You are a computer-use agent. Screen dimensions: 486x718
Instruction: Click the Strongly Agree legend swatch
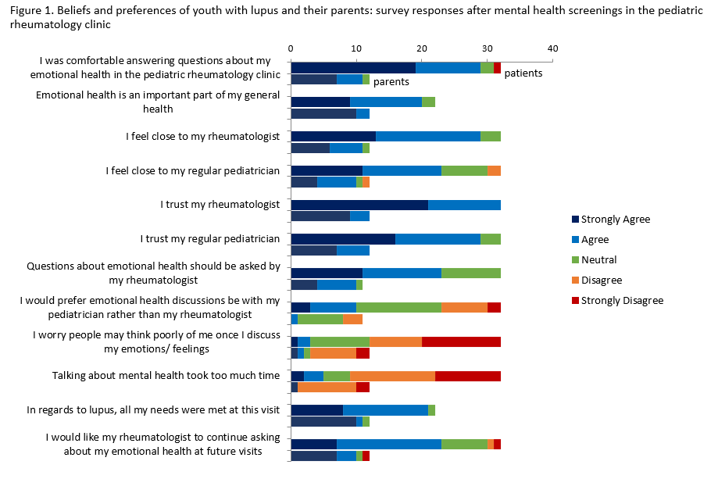pos(575,220)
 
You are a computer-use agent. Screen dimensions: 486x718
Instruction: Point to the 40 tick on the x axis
pos(552,48)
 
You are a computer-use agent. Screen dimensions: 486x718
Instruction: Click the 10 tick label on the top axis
pos(356,48)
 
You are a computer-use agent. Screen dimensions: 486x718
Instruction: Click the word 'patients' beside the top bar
pos(523,73)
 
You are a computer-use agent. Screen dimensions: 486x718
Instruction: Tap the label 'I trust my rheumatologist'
pos(220,205)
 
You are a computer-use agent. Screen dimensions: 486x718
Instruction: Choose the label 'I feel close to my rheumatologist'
pos(203,137)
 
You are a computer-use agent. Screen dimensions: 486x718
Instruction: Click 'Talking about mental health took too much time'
pos(166,375)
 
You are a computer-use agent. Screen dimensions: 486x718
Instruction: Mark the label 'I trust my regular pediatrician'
pos(210,238)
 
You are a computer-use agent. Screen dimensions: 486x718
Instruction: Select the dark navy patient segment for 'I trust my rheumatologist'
pos(359,205)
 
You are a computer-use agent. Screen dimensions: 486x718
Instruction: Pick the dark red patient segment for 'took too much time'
pos(468,375)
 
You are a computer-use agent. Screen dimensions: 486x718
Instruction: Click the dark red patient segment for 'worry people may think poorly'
pos(461,341)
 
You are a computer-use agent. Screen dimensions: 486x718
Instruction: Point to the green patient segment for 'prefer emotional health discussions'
pos(398,307)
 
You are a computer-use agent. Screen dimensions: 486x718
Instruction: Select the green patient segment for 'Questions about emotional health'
pos(471,273)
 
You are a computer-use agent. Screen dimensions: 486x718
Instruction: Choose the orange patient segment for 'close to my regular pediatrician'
pos(494,170)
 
